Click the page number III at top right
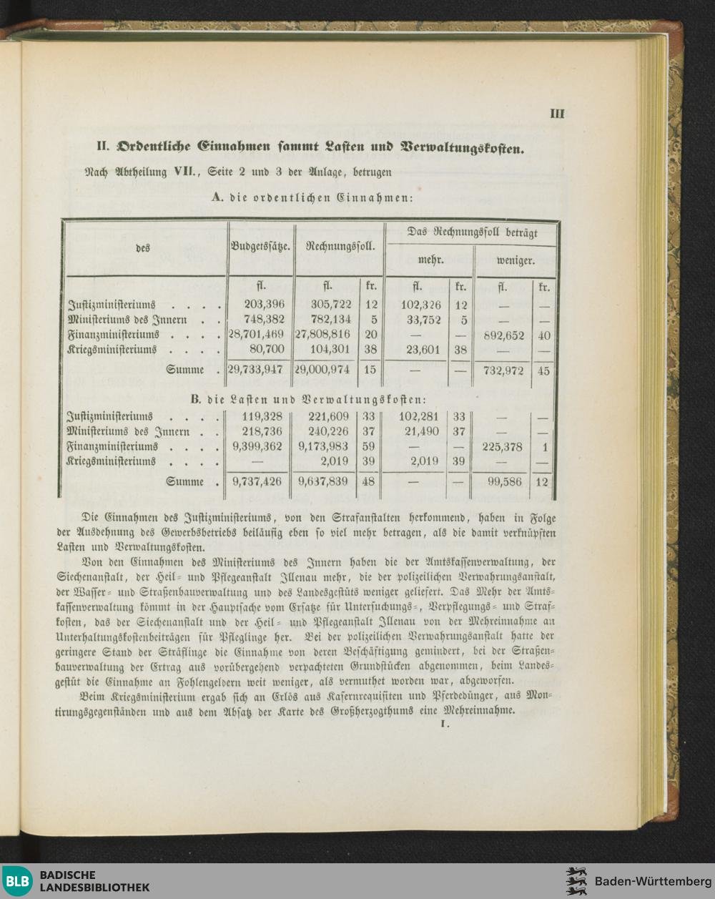click(558, 114)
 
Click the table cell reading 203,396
click(263, 305)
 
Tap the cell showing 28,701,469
click(257, 335)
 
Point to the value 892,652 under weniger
click(504, 335)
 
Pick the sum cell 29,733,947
click(257, 370)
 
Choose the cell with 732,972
click(504, 370)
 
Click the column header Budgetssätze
click(260, 247)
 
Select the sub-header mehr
click(430, 260)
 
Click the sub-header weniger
click(516, 260)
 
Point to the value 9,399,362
click(257, 447)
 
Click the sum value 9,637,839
click(324, 482)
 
